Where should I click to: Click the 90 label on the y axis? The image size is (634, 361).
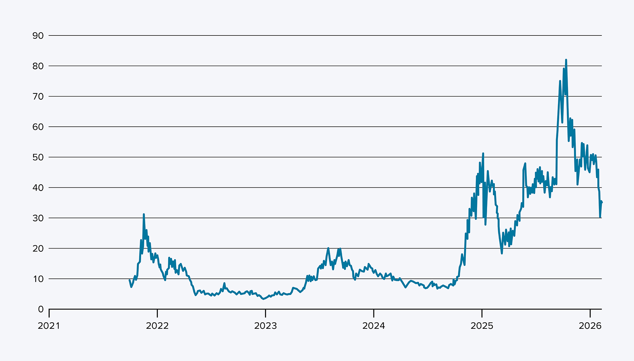(x=38, y=36)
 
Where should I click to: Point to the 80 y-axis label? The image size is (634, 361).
(x=38, y=66)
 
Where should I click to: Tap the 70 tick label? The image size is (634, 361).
(x=38, y=96)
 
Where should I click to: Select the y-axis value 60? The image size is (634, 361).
(x=38, y=127)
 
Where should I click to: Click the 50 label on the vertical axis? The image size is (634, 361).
(x=38, y=157)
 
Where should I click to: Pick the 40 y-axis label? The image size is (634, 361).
(x=38, y=188)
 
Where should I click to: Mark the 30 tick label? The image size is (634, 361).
(x=38, y=218)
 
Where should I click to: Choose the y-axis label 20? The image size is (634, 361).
(x=38, y=249)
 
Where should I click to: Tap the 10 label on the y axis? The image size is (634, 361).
(x=38, y=279)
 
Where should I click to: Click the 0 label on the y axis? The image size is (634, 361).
(x=41, y=309)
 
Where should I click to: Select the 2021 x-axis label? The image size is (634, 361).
(x=49, y=326)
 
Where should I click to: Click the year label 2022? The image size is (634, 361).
(x=157, y=326)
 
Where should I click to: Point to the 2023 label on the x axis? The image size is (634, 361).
(x=265, y=326)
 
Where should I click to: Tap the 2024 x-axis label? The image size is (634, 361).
(x=374, y=326)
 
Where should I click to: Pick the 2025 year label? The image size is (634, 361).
(x=482, y=326)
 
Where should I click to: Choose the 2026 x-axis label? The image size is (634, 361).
(x=590, y=326)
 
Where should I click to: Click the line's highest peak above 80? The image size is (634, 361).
(x=566, y=60)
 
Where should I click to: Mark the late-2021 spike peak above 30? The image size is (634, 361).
(x=144, y=214)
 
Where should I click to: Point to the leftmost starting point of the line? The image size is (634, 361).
(x=130, y=280)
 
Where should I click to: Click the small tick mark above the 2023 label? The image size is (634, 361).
(x=265, y=313)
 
